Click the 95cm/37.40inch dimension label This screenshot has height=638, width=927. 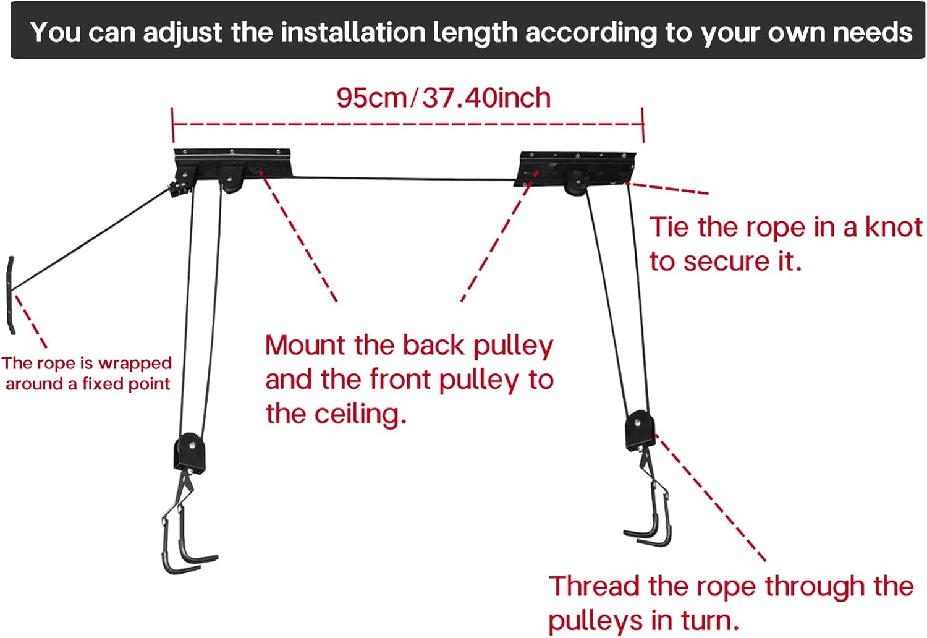(x=443, y=98)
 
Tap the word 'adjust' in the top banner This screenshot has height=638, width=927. (x=182, y=32)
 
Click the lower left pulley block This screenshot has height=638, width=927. (x=188, y=453)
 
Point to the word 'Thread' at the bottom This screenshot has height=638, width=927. (x=594, y=586)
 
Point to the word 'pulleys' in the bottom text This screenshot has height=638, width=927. (x=592, y=621)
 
